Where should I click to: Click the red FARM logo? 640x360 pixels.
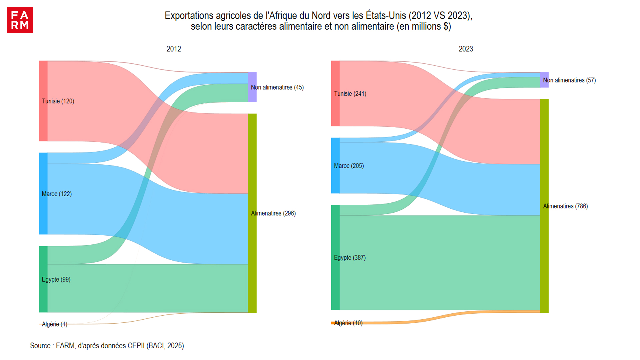(x=20, y=20)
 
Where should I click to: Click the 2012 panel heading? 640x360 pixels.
(x=174, y=49)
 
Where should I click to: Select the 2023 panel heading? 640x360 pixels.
(x=466, y=49)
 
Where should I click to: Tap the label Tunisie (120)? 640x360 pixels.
(x=58, y=101)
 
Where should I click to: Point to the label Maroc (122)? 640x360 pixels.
(x=57, y=194)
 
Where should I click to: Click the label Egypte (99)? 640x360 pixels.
(x=56, y=279)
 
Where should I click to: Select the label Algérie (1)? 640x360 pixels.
(x=55, y=324)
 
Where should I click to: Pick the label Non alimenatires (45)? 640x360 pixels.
(x=277, y=87)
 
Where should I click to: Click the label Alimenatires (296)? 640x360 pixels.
(x=273, y=213)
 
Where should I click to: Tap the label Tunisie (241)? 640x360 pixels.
(x=350, y=94)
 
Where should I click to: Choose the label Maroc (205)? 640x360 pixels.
(x=349, y=166)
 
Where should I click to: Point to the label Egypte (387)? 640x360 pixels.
(x=350, y=258)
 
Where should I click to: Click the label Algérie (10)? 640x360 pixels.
(x=348, y=323)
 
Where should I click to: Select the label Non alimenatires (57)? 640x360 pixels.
(x=569, y=80)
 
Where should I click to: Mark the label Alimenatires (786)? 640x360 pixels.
(x=565, y=206)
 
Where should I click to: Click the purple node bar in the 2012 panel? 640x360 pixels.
(x=252, y=87)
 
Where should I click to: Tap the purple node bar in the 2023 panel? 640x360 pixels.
(x=544, y=80)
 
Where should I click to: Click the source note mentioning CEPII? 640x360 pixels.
(x=107, y=346)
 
